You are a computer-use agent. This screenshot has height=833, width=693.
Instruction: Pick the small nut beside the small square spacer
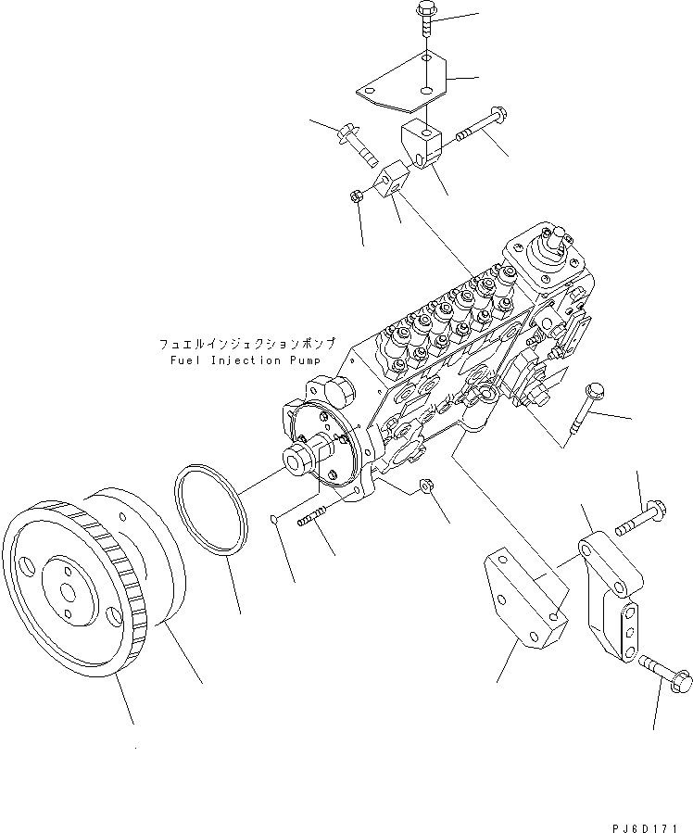(x=356, y=196)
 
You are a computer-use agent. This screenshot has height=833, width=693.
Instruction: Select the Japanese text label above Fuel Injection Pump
(x=246, y=343)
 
